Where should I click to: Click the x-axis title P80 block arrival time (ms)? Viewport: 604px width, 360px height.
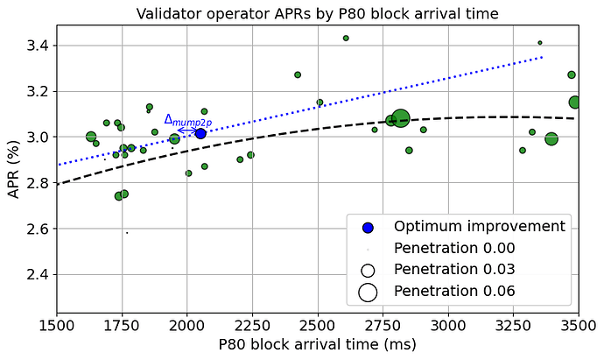click(317, 346)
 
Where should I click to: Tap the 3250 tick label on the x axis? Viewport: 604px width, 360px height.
click(513, 325)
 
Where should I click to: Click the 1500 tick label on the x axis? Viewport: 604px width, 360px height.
click(57, 325)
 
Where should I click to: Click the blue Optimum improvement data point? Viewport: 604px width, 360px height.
click(200, 133)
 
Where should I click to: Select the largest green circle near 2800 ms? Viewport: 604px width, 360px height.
click(401, 118)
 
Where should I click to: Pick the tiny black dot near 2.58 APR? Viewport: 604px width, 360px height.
click(127, 232)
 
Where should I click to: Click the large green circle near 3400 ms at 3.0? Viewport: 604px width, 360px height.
click(551, 138)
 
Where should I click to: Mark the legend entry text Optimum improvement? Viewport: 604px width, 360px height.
click(479, 226)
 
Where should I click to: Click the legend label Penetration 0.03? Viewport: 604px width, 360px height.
click(454, 269)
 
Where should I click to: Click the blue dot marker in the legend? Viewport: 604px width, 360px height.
click(368, 227)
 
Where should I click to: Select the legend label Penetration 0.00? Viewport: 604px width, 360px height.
click(454, 248)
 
